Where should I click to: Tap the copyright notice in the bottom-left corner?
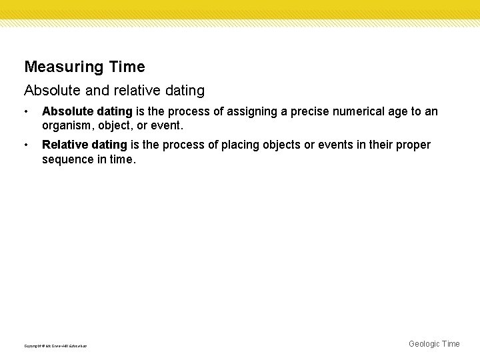point(55,345)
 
